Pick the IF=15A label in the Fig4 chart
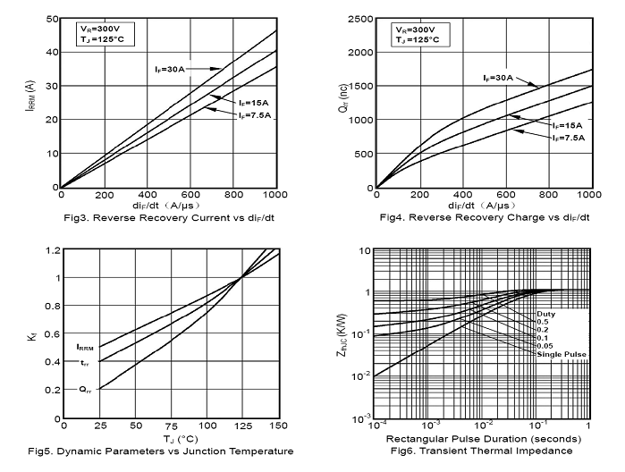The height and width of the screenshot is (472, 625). coord(568,125)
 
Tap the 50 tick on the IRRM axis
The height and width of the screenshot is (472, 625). coord(51,19)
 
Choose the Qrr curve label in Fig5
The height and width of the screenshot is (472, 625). coord(84,389)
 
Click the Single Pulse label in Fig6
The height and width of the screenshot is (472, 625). coord(562,355)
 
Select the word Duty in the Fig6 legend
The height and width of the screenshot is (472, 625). coord(546,315)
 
